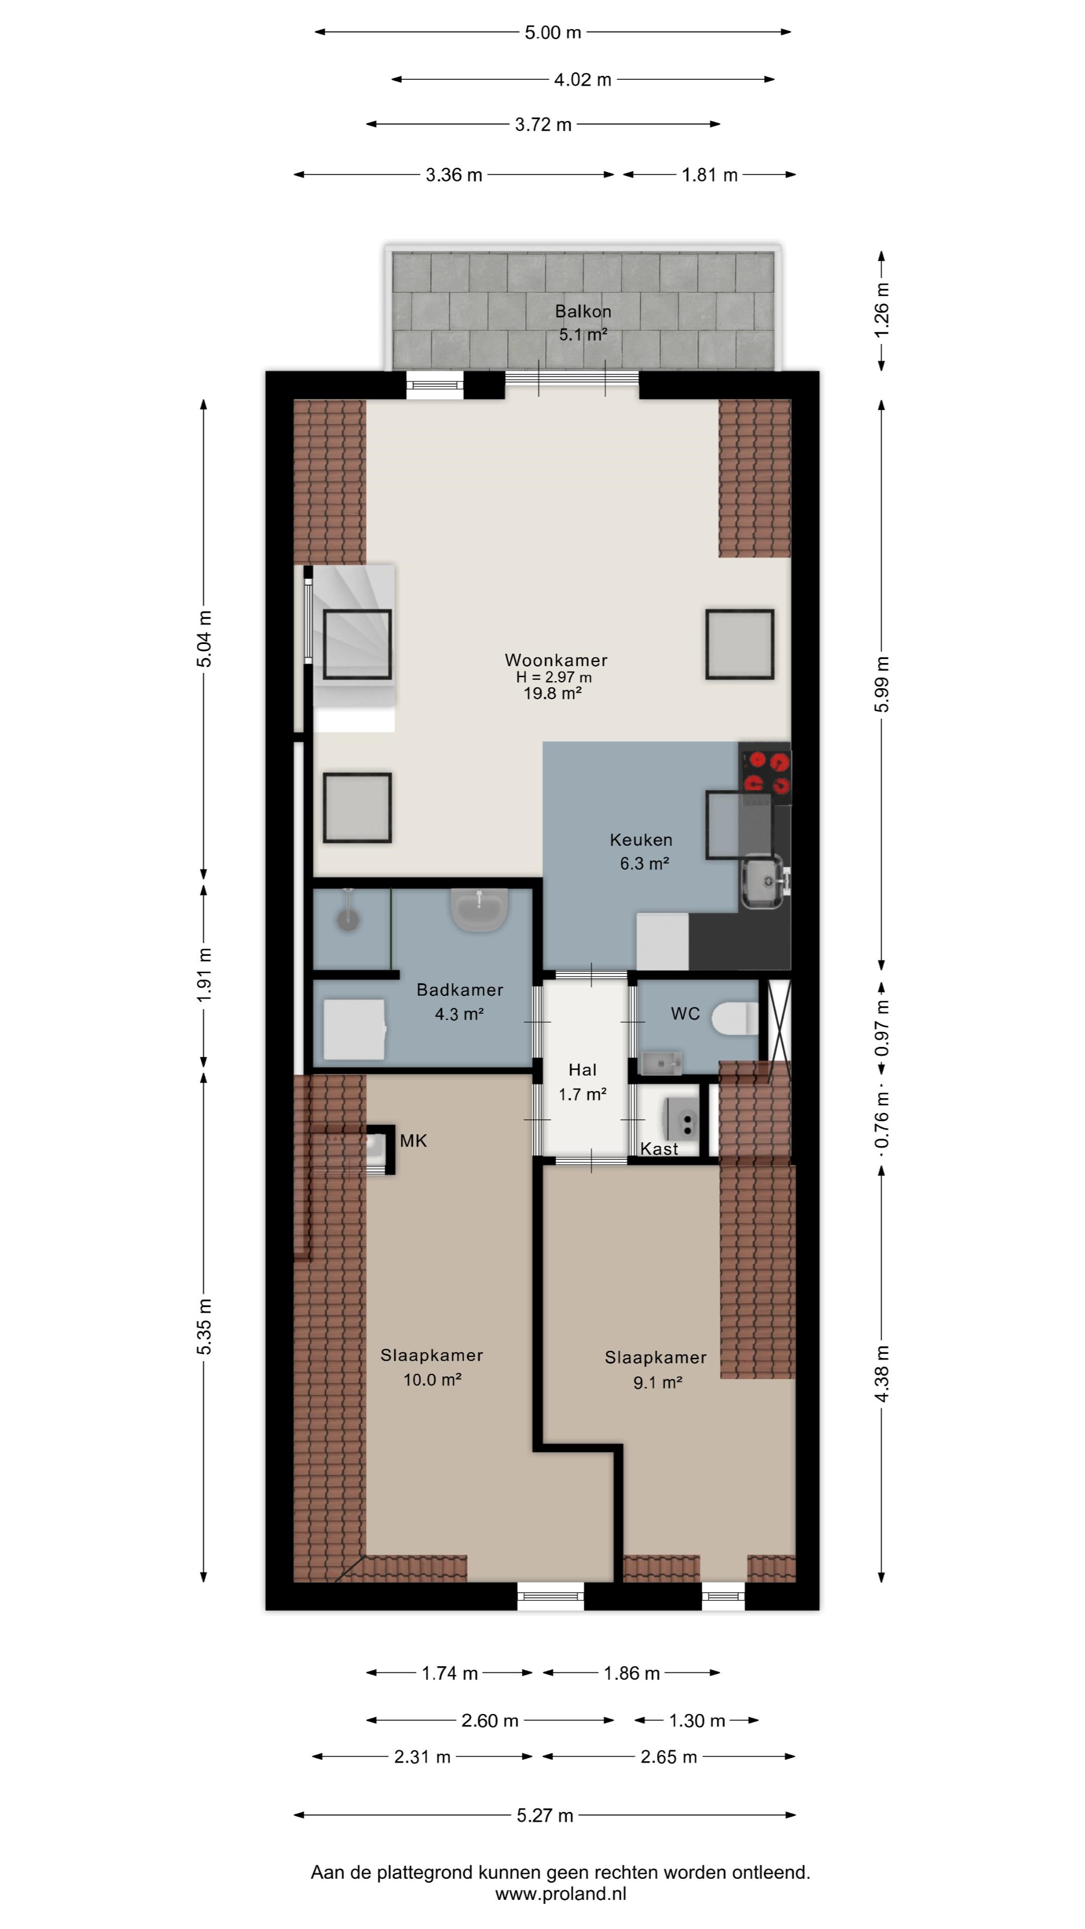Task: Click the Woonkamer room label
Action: point(556,660)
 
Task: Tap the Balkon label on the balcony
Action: point(583,311)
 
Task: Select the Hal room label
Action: point(583,1069)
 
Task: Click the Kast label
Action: point(659,1149)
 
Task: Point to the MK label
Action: point(413,1140)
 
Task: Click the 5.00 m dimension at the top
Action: point(553,32)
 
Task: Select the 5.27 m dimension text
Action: point(545,1815)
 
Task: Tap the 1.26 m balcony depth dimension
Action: point(882,309)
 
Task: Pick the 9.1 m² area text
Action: point(658,1381)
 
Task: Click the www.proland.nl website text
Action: point(561,1894)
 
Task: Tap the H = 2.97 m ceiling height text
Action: point(554,677)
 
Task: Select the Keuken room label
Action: point(641,839)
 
